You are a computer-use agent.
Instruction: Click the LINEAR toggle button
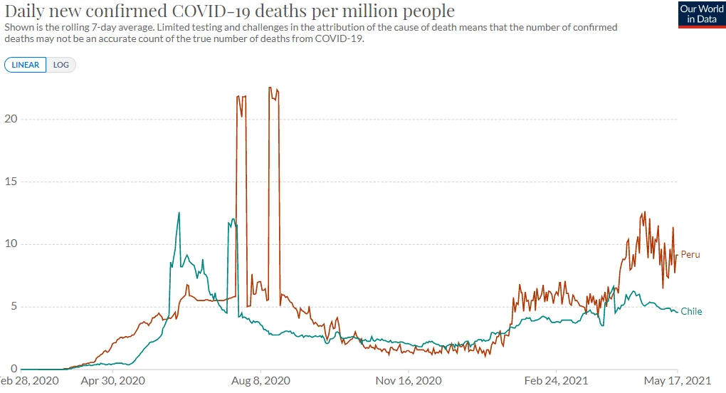(26, 65)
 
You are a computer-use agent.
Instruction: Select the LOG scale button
(61, 65)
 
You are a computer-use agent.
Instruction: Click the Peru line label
(690, 254)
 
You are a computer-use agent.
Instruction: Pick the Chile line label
(691, 311)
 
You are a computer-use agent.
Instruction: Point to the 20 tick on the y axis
(9, 119)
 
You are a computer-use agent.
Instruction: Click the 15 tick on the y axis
(9, 182)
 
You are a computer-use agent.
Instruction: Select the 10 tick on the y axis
(9, 244)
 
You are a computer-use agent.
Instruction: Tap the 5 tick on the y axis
(12, 307)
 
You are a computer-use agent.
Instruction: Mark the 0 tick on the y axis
(12, 369)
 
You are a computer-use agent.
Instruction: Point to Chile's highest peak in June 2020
(179, 212)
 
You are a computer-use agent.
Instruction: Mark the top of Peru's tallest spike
(270, 88)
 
